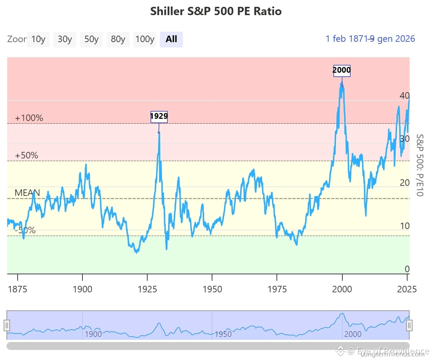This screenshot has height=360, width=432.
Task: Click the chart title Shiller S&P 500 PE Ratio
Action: click(x=216, y=11)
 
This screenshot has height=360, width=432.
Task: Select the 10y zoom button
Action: click(x=38, y=39)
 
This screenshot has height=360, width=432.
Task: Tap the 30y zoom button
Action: click(x=65, y=39)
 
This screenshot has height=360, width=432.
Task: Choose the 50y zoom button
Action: click(x=91, y=39)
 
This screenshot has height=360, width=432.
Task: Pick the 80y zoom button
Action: click(x=118, y=39)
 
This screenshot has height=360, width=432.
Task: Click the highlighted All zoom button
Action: click(x=171, y=39)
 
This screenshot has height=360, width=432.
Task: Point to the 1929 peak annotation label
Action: click(x=159, y=117)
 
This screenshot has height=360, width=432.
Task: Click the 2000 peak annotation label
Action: click(x=342, y=70)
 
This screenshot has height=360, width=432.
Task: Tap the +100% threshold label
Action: click(x=29, y=118)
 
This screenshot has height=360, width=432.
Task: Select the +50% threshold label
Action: click(x=27, y=156)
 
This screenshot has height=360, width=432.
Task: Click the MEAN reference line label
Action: click(x=27, y=193)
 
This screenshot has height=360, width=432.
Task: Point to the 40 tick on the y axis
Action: click(x=404, y=96)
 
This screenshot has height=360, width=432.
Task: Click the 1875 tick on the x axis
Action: click(x=17, y=289)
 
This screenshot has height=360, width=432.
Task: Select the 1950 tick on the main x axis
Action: click(x=212, y=289)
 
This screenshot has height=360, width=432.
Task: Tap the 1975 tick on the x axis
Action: click(x=277, y=289)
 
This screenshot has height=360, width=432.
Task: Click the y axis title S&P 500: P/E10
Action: click(x=419, y=165)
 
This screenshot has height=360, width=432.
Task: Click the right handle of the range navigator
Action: click(x=409, y=325)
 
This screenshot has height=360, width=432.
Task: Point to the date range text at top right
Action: click(x=370, y=39)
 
